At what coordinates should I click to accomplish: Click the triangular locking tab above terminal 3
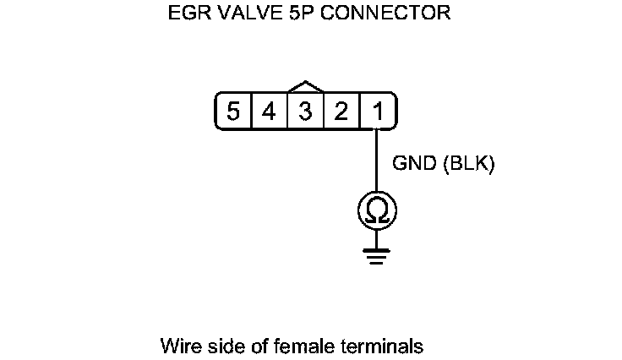tap(306, 87)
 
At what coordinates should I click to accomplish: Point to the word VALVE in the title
tap(244, 14)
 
